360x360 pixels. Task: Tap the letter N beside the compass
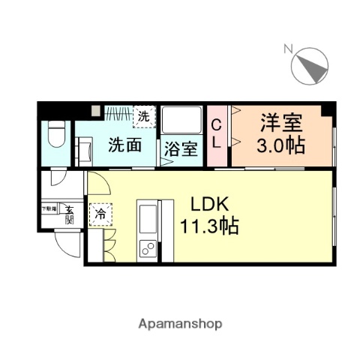[287, 49]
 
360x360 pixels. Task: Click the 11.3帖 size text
[210, 225]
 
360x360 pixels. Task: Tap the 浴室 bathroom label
[181, 148]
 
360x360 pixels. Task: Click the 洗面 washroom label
[124, 145]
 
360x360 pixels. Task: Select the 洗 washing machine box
[144, 115]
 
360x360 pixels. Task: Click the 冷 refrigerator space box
[100, 214]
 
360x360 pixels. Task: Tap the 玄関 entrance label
[69, 214]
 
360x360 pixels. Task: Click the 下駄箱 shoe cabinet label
[49, 208]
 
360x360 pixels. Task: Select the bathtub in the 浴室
[181, 120]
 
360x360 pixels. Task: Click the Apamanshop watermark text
[179, 324]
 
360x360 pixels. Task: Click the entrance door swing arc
[67, 241]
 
